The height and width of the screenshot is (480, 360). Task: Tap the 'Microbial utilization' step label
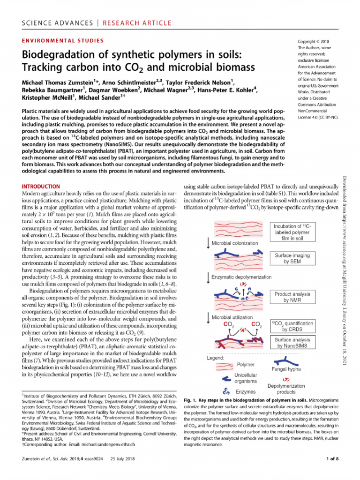tap(232, 317)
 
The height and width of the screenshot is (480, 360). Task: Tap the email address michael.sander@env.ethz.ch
tap(103, 443)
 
